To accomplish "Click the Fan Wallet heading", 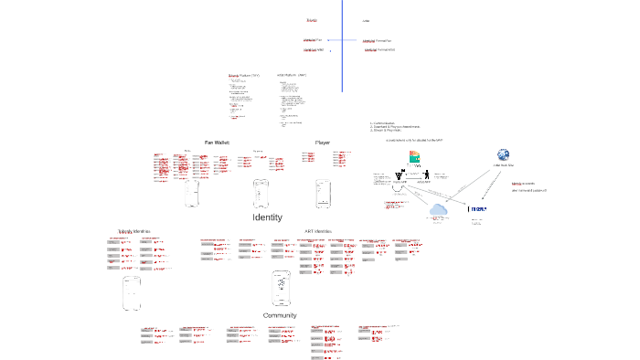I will click(x=217, y=143).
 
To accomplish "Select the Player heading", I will click(x=323, y=143).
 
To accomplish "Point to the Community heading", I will click(x=280, y=315).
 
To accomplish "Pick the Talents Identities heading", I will click(x=133, y=232).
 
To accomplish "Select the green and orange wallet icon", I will click(x=414, y=156).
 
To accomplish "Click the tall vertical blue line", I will click(x=342, y=46).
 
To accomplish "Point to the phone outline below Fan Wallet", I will click(x=192, y=194).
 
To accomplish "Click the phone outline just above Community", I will click(x=282, y=289).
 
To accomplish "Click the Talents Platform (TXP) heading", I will click(x=244, y=75).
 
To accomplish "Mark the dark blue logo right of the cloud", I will click(x=477, y=209).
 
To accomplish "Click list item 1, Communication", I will click(x=383, y=123).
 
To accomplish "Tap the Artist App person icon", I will click(x=400, y=176).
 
